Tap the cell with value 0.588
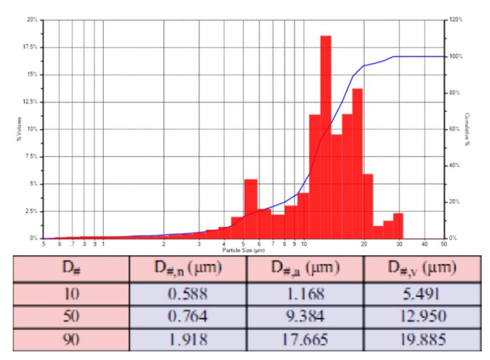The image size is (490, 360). pos(188,293)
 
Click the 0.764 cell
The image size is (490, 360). pos(188,317)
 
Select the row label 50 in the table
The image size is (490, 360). pos(71,317)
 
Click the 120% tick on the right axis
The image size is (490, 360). pos(456,19)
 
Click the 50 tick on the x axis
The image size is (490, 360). pos(443,244)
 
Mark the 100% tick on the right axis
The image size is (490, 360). pos(456,57)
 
